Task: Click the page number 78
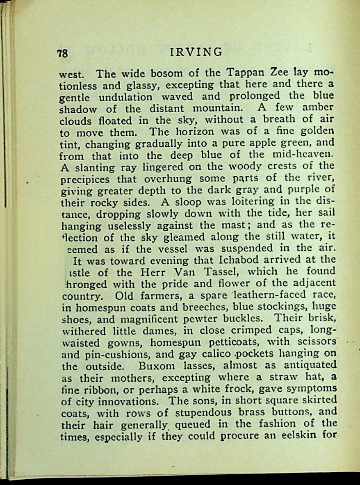tap(62, 53)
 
